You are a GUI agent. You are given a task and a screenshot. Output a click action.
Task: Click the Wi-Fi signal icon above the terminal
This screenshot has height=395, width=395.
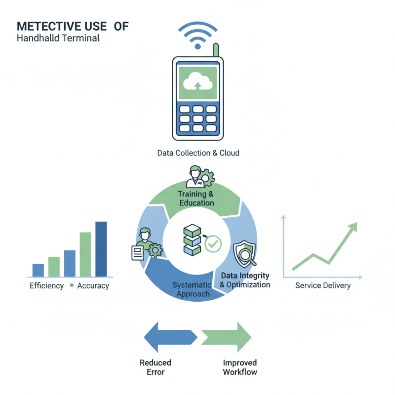point(198,35)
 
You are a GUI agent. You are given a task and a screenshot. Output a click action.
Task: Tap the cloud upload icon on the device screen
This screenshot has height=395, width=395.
point(198,81)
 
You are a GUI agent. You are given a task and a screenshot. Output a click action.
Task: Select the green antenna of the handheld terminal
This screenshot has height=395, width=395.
point(216,50)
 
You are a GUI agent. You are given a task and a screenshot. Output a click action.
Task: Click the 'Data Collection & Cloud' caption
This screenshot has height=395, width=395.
point(198,153)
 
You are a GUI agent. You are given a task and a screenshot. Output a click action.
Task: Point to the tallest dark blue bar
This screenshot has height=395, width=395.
point(101,249)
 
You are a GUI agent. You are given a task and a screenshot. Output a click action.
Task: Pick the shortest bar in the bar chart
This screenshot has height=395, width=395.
point(39,270)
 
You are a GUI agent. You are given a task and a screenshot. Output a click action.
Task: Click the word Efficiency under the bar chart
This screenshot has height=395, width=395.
point(46,286)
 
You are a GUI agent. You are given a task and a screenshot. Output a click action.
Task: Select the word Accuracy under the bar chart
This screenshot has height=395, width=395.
point(93,286)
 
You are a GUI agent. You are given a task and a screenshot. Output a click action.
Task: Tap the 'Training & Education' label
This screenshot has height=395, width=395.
point(196,198)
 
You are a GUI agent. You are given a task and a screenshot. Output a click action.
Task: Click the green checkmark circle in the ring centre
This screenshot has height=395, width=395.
point(213,244)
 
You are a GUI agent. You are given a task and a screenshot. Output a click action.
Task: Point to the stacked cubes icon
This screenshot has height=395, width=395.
point(192,240)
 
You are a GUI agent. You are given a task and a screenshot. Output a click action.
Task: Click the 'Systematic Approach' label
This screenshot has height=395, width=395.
point(192,289)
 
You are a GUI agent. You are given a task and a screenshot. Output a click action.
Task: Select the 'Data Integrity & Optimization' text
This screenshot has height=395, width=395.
point(245,280)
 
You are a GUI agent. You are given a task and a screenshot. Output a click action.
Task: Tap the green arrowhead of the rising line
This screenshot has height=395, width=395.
point(353,227)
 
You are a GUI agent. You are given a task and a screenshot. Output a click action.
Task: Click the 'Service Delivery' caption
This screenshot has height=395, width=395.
point(323,285)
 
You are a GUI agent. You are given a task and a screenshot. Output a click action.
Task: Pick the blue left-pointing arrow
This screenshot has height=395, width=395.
point(170,337)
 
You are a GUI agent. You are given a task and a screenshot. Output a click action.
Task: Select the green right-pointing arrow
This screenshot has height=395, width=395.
point(226,337)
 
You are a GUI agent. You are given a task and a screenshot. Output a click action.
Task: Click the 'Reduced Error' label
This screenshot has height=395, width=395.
point(156,367)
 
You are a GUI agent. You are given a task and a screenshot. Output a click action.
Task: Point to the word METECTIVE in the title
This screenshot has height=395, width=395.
point(62,27)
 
